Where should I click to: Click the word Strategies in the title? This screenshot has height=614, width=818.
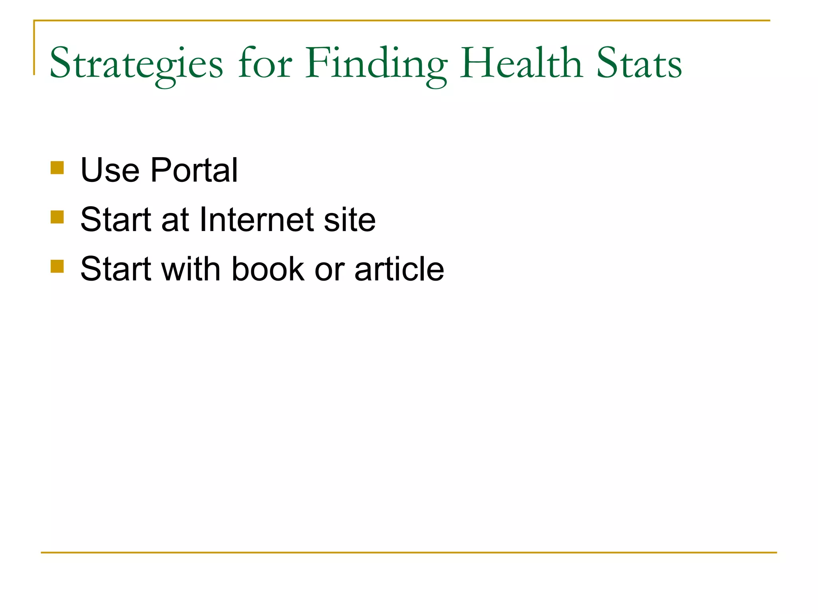tap(136, 64)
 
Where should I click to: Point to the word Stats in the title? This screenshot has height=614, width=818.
tap(639, 64)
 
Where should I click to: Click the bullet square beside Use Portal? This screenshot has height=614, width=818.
tap(57, 168)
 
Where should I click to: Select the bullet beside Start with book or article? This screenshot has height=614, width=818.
tap(57, 266)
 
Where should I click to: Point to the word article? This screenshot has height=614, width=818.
tap(399, 269)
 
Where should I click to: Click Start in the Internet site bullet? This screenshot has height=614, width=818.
tap(116, 219)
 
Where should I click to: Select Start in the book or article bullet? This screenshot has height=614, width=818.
tap(116, 269)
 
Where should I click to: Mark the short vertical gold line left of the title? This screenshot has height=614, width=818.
tap(34, 48)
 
